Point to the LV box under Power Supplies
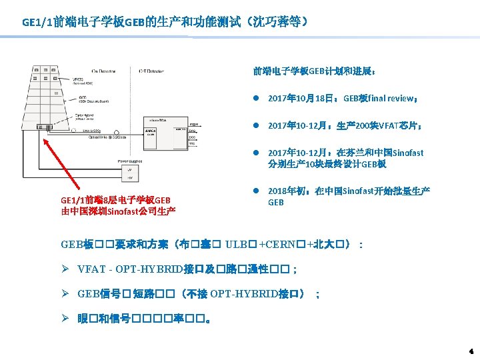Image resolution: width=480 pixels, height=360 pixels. [129, 171]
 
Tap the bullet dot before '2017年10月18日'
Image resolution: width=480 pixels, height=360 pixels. [256, 98]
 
